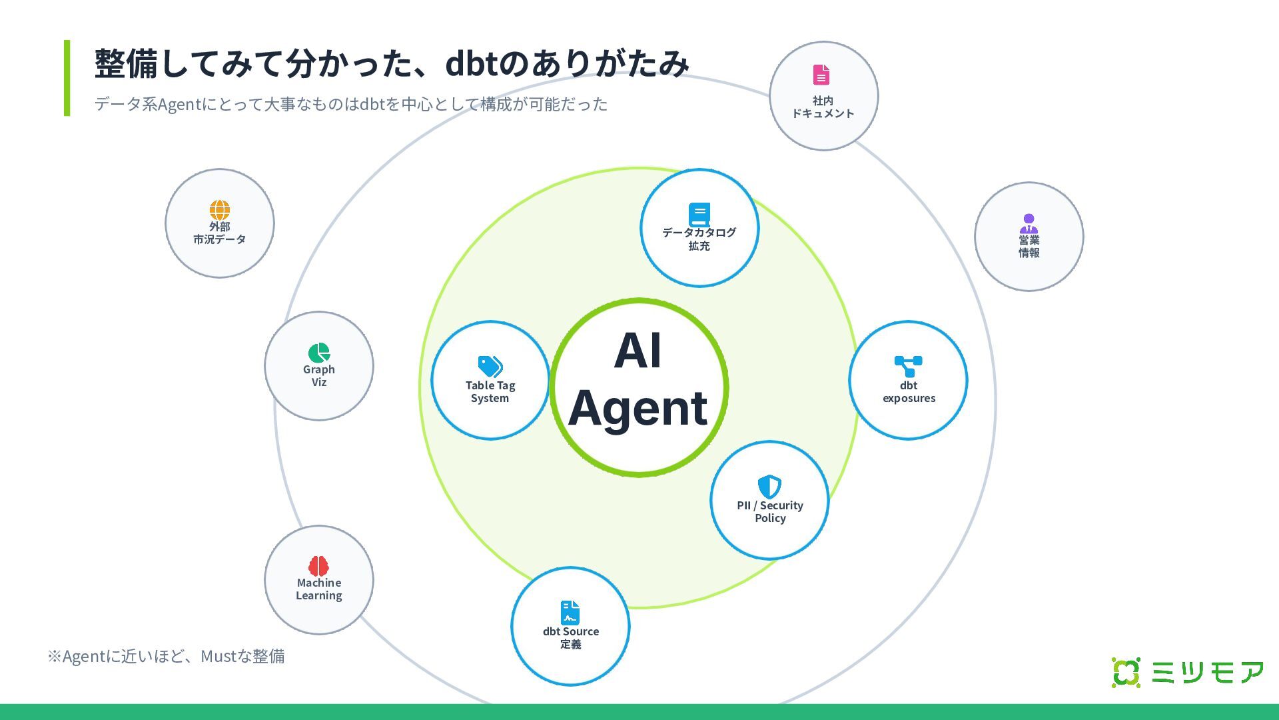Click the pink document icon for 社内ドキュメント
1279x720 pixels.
click(821, 75)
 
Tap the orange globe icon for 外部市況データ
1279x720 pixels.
click(219, 210)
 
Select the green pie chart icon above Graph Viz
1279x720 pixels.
click(319, 353)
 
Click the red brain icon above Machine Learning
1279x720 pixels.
click(318, 566)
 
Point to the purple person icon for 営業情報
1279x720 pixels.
click(1029, 223)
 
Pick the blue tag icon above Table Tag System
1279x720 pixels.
click(490, 366)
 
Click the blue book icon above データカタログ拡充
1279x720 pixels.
click(699, 214)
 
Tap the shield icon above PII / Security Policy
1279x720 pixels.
click(769, 487)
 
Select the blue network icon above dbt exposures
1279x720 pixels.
click(908, 366)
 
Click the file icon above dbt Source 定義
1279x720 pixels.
click(570, 613)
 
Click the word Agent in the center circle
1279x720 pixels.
click(638, 408)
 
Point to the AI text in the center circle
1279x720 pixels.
click(638, 351)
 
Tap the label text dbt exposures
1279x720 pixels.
click(909, 392)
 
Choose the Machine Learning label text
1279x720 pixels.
click(319, 589)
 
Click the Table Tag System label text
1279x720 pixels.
click(490, 392)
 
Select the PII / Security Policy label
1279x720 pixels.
click(770, 512)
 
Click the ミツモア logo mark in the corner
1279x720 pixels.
click(1126, 672)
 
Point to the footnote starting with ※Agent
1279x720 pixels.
click(166, 657)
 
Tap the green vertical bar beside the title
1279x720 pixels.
click(67, 78)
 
